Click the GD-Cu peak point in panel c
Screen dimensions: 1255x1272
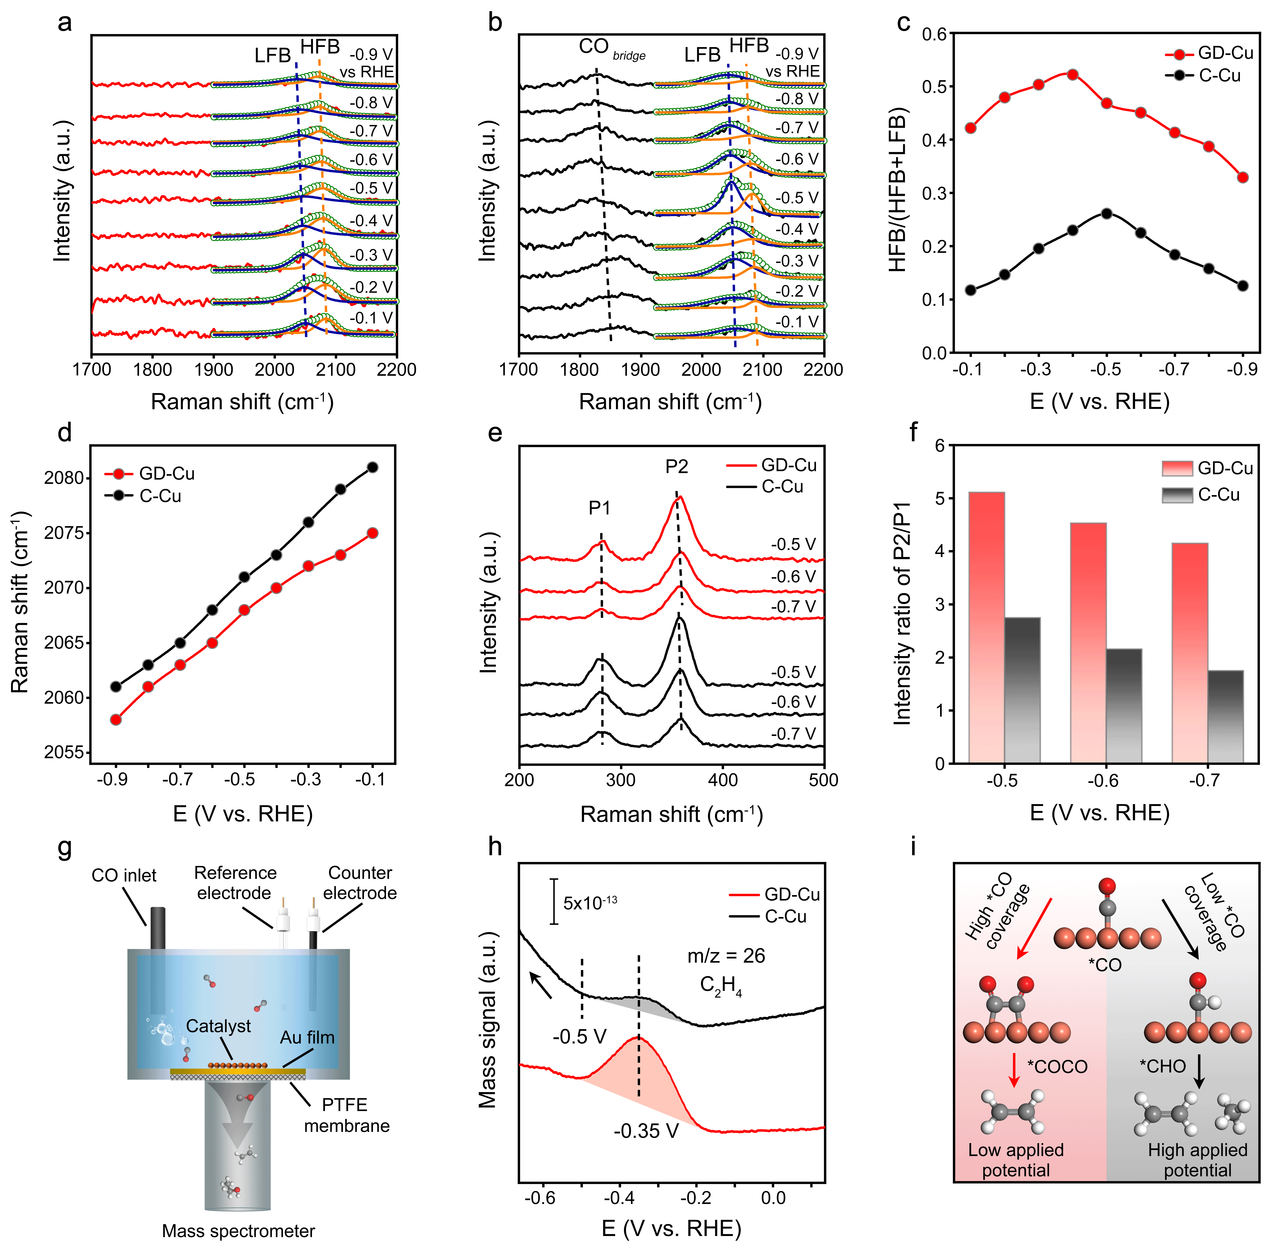(x=1073, y=75)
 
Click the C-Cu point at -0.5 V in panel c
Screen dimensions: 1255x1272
(x=1107, y=213)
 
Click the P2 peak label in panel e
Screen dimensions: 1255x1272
(x=676, y=467)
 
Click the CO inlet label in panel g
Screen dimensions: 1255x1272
(x=124, y=876)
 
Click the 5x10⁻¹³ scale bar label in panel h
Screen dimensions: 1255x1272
(x=590, y=902)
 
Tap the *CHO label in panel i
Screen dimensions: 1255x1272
(x=1163, y=1066)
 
